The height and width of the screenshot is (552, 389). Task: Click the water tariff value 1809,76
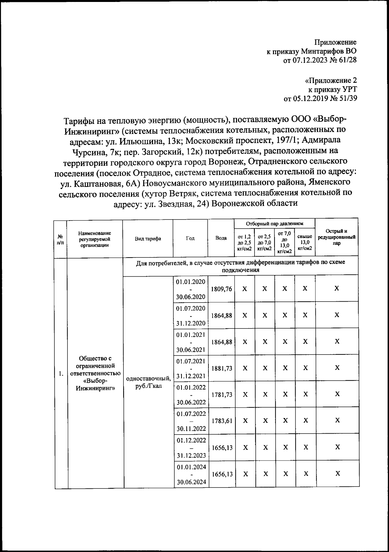pyautogui.click(x=221, y=289)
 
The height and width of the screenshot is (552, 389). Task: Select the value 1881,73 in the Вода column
pyautogui.click(x=222, y=368)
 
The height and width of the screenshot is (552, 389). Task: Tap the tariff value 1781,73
pyautogui.click(x=222, y=394)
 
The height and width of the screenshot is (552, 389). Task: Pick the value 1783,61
pyautogui.click(x=222, y=421)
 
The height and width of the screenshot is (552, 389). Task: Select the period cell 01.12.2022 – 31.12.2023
pyautogui.click(x=191, y=448)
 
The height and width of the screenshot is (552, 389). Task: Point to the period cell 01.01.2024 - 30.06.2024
pyautogui.click(x=191, y=474)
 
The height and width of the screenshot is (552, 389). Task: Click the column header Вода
pyautogui.click(x=221, y=238)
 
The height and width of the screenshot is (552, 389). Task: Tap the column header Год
pyautogui.click(x=190, y=238)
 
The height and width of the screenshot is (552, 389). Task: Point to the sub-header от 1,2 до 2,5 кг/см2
pyautogui.click(x=244, y=243)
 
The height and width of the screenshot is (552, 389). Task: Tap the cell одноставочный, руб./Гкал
pyautogui.click(x=148, y=382)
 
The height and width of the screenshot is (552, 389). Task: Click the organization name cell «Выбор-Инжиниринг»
pyautogui.click(x=95, y=373)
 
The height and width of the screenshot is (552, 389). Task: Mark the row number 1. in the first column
pyautogui.click(x=61, y=374)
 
